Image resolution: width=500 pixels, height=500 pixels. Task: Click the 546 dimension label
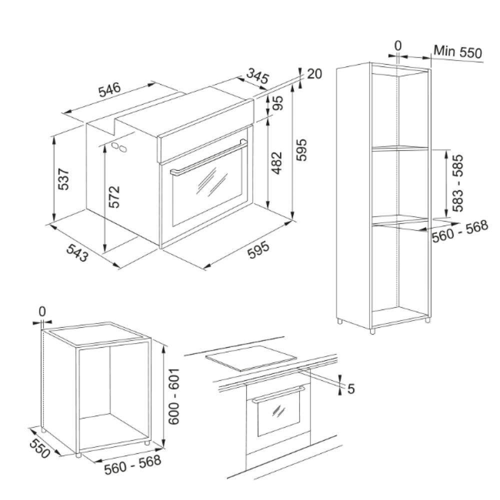(109, 89)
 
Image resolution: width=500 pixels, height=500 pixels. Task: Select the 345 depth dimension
(257, 76)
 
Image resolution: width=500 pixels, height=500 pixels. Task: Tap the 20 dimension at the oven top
(314, 74)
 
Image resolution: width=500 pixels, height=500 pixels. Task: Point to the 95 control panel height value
(278, 102)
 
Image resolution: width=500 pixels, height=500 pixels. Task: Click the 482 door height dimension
(277, 163)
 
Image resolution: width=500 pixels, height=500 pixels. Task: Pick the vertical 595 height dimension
(301, 149)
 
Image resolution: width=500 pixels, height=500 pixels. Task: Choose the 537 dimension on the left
(64, 179)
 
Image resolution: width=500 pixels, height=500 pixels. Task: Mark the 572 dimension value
(114, 196)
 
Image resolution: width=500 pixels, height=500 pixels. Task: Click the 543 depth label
(77, 253)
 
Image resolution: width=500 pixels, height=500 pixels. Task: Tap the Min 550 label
(458, 51)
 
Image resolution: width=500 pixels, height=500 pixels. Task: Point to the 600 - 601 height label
(174, 396)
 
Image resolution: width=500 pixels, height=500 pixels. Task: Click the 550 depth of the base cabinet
(40, 448)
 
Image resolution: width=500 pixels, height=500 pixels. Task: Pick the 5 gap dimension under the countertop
(351, 389)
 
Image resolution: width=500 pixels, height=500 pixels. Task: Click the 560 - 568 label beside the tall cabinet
(460, 231)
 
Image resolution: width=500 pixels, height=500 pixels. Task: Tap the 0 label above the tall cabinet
(398, 46)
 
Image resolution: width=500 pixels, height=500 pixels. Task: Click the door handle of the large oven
(208, 158)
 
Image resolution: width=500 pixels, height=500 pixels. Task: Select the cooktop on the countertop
(251, 358)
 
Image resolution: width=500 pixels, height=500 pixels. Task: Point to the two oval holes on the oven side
(119, 147)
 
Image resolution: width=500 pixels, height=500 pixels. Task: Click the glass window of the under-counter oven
(278, 412)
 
